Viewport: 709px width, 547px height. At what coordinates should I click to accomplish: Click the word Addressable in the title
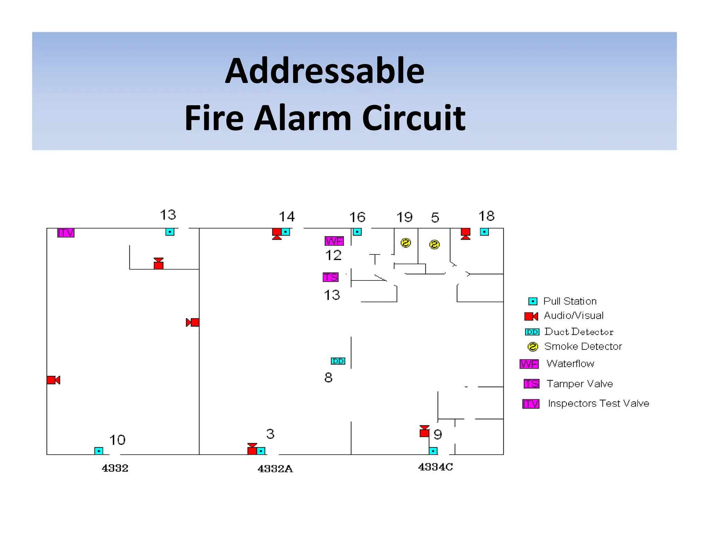coord(324,71)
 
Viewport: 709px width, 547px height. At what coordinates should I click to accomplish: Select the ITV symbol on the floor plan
coord(66,233)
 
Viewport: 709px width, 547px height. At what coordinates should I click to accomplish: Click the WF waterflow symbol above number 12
coord(334,241)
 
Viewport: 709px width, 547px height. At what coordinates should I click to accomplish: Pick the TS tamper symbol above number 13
coord(330,277)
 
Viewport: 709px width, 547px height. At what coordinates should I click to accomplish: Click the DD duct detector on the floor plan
coord(338,361)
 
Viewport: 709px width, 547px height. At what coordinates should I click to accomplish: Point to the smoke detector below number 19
coord(406,243)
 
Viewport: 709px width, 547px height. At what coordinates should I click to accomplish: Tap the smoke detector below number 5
coord(434,245)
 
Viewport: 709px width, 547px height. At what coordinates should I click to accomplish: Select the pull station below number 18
coord(484,232)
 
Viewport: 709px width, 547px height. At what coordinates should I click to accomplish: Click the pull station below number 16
coord(357,232)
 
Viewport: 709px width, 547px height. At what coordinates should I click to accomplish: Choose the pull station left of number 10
coord(99,451)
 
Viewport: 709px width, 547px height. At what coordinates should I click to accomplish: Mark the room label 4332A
coord(275,469)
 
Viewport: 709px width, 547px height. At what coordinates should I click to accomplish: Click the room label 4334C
coord(436,467)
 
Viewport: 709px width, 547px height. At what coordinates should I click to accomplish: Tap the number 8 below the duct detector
coord(328,378)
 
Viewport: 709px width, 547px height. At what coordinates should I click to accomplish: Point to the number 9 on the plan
coord(438,435)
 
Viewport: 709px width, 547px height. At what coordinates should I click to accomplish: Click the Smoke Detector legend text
coord(583,346)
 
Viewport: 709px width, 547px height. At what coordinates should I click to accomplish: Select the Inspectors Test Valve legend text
coord(599,404)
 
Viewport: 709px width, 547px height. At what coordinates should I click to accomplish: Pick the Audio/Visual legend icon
coord(531,316)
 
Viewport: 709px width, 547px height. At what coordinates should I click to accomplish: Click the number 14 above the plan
coord(287,217)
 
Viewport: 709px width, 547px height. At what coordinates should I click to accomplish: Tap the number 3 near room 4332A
coord(270,434)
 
